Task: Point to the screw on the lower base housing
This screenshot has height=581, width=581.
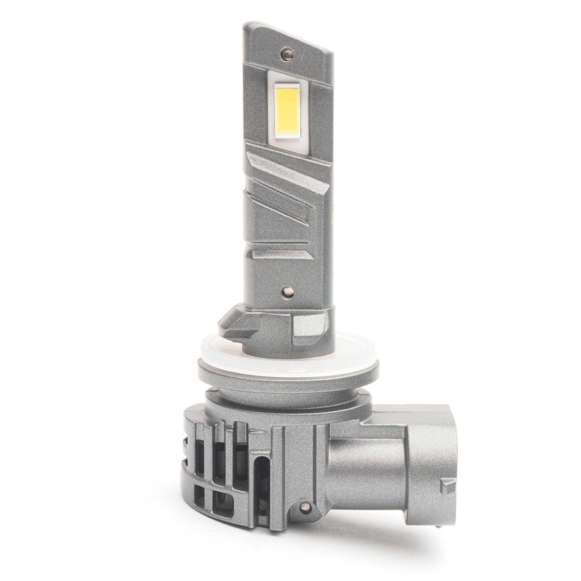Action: [306, 505]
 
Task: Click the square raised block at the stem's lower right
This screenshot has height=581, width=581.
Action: [310, 326]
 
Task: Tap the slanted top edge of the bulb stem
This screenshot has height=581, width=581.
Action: [289, 34]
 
